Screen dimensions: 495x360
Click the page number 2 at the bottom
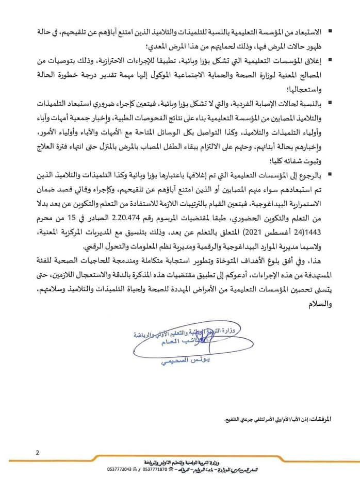pos(38,453)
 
